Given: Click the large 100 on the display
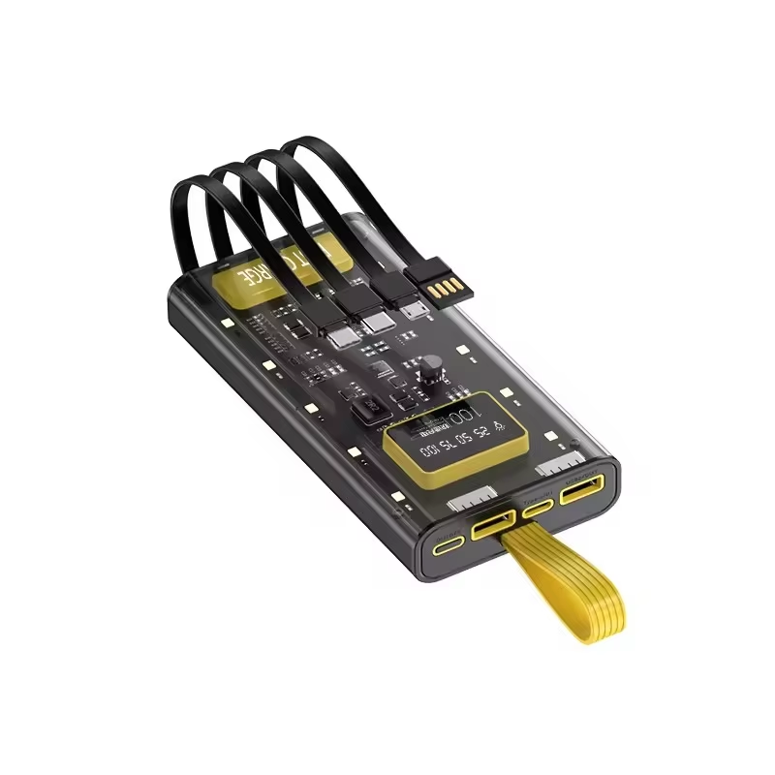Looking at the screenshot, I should point(463,415).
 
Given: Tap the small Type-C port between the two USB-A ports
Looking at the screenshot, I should point(538,506).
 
